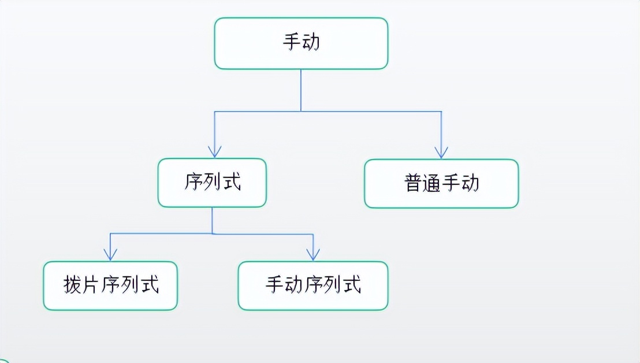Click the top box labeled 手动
pos(301,43)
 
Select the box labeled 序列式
pos(212,183)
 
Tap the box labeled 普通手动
pos(441,183)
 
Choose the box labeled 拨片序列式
pos(110,285)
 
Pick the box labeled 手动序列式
pos(313,285)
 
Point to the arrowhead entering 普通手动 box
pos(441,153)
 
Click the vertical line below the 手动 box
pos(301,90)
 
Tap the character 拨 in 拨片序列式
pos(72,285)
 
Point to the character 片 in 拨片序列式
pos(91,285)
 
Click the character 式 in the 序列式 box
pos(232,183)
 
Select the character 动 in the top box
pos(311,43)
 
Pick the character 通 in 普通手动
pos(432,183)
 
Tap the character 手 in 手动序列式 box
pos(275,285)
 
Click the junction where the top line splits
pos(301,111)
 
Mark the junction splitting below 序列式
pos(212,234)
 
